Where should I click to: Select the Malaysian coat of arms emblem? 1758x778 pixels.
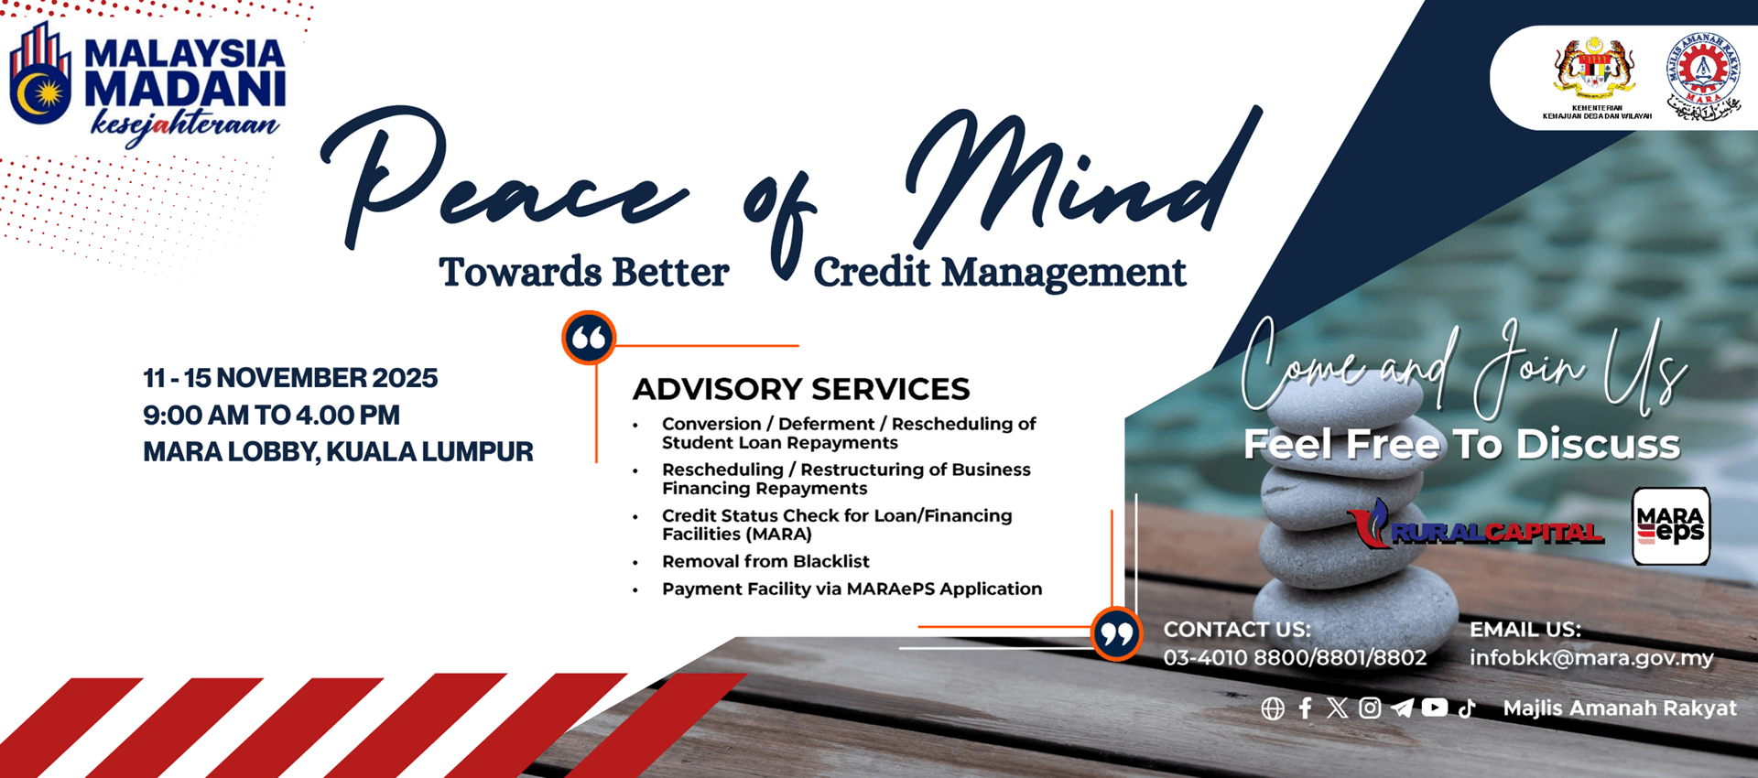(x=1595, y=68)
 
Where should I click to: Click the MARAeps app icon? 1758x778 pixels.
(x=1670, y=526)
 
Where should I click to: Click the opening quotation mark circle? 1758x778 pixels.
(x=589, y=339)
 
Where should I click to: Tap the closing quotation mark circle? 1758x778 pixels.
(x=1116, y=633)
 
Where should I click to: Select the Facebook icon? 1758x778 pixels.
(x=1306, y=708)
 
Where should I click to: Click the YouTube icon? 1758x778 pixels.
(x=1435, y=708)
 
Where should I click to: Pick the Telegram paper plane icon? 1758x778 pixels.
(x=1402, y=708)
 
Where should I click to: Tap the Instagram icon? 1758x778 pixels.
(x=1370, y=708)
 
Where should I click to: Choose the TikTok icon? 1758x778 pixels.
(x=1467, y=708)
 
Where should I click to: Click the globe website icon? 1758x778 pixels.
(x=1273, y=708)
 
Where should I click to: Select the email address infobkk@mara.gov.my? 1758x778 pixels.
(x=1591, y=658)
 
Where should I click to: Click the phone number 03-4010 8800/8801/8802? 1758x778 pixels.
(x=1295, y=658)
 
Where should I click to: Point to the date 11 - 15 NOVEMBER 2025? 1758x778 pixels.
(x=290, y=378)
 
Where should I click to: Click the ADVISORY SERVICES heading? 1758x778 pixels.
(x=801, y=389)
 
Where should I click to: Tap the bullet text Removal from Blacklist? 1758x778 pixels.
(x=765, y=561)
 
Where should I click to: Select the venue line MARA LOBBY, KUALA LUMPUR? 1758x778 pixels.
(x=338, y=452)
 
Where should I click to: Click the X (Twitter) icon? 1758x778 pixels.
(x=1338, y=708)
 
